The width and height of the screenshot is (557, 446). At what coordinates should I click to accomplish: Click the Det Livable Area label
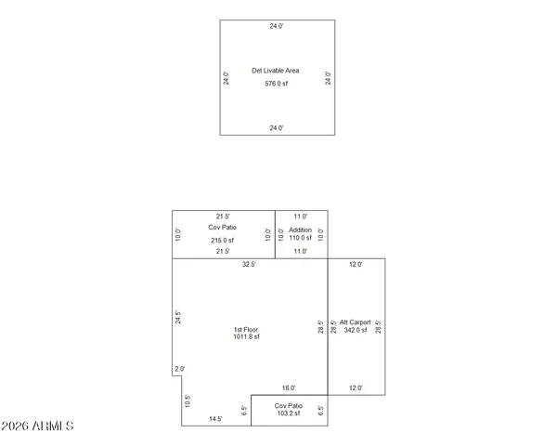[x=276, y=71]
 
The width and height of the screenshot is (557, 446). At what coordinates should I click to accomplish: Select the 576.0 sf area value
[x=276, y=84]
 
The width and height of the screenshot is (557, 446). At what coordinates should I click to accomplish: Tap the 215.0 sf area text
[x=221, y=240]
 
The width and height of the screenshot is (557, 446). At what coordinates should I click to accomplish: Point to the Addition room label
[x=300, y=230]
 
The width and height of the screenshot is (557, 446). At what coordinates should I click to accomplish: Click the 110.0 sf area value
[x=300, y=239]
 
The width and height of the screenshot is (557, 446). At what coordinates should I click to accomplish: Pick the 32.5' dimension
[x=249, y=265]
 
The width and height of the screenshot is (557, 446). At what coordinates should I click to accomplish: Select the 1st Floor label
[x=246, y=330]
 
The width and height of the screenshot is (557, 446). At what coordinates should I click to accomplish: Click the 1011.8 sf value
[x=246, y=337]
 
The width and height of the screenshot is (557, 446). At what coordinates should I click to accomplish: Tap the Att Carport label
[x=356, y=322]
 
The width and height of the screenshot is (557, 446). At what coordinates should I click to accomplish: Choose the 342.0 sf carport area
[x=356, y=330]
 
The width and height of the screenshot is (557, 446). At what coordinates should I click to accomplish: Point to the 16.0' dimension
[x=289, y=388]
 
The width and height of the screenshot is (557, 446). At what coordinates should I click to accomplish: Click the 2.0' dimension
[x=179, y=369]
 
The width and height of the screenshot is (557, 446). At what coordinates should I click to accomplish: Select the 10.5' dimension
[x=187, y=401]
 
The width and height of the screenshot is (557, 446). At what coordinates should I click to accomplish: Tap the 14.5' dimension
[x=215, y=419]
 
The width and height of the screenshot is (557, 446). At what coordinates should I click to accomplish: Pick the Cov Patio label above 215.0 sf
[x=221, y=227]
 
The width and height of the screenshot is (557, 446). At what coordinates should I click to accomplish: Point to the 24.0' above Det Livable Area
[x=276, y=26]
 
